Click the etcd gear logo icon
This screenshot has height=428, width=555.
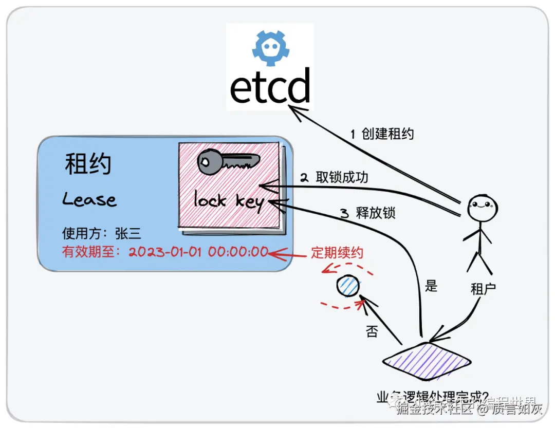coord(269,47)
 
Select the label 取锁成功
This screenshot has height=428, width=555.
coord(342,177)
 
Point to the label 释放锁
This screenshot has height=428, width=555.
coord(376,212)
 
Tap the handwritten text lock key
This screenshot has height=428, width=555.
coord(229,200)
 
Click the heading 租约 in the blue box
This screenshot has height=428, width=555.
coord(88,164)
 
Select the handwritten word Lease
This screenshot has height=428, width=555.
coord(89,199)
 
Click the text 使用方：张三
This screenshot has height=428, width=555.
coord(101,234)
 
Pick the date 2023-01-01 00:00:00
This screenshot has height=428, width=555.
coord(198,252)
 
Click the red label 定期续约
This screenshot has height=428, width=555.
coord(337,253)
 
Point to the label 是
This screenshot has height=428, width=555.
coord(431,286)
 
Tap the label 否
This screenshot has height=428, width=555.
coord(372,331)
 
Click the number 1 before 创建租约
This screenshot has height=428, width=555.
coord(353,135)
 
